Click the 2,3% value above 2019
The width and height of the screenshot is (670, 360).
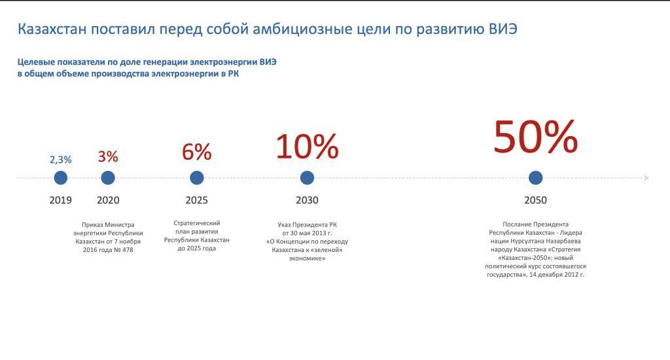[61, 159]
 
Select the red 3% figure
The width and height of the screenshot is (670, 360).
[108, 156]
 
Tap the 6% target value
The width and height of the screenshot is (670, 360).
[197, 152]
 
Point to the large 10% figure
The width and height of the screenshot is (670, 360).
[307, 146]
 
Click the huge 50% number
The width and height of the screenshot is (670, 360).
[535, 135]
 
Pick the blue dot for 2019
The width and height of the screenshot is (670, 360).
[61, 177]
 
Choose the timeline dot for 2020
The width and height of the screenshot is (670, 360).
[108, 177]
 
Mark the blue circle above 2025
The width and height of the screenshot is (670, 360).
[197, 177]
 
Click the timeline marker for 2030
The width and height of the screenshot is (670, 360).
[307, 177]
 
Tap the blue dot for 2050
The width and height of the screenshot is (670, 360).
[535, 177]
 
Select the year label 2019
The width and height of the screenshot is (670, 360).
[61, 200]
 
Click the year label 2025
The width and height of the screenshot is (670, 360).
[197, 200]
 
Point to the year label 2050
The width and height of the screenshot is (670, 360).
[535, 200]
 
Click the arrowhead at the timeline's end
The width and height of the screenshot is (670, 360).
[646, 177]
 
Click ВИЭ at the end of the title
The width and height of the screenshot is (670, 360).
[507, 29]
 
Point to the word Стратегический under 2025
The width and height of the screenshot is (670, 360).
[196, 223]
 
